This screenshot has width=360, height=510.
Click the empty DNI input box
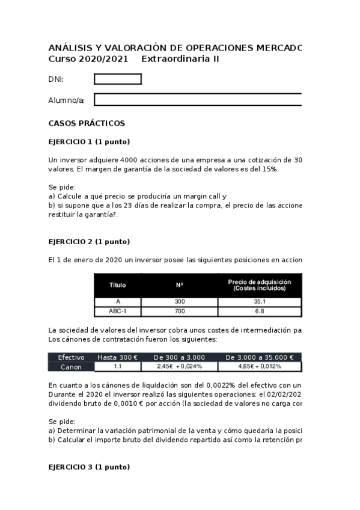tap(118, 79)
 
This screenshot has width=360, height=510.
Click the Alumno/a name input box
tap(198, 100)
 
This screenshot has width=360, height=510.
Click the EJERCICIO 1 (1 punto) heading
tap(89, 142)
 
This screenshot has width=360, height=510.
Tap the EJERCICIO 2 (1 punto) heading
tap(89, 242)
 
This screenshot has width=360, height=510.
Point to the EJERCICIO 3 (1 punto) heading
tap(89, 467)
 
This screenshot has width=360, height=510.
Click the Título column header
tap(118, 285)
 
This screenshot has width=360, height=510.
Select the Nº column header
tap(179, 285)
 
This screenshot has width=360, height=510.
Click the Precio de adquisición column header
tap(260, 285)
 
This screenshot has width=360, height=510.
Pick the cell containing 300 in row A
tap(179, 301)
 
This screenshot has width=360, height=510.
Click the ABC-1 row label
tap(118, 312)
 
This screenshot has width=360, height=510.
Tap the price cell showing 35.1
tap(260, 301)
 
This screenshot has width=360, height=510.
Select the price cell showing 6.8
tap(260, 312)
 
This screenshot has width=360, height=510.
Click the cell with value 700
tap(179, 312)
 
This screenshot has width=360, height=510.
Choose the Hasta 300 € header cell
tap(118, 357)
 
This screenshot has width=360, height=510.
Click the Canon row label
tap(71, 366)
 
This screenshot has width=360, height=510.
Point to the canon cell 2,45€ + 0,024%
tap(179, 366)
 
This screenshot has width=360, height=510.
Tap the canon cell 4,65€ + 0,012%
tap(260, 366)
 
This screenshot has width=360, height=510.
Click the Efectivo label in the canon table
tap(71, 357)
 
